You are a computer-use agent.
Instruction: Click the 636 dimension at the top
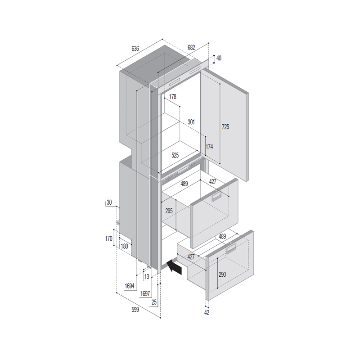135,49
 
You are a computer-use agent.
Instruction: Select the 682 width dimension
191,47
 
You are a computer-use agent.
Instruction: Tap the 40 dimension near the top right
219,58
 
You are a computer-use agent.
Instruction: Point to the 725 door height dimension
225,127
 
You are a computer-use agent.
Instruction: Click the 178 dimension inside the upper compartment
173,97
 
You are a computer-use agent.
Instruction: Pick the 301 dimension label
191,122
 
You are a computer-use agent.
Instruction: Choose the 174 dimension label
209,147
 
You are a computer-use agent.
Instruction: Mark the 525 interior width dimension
175,155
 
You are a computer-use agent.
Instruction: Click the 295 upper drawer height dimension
169,211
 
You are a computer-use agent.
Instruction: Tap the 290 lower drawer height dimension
222,274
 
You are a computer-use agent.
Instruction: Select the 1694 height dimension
130,286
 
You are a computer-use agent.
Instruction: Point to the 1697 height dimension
145,293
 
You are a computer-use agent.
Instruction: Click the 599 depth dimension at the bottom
135,310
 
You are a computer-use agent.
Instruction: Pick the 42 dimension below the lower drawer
207,312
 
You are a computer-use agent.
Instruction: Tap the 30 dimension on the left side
109,202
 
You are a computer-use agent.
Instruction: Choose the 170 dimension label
108,238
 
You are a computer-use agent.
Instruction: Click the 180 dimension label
124,246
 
